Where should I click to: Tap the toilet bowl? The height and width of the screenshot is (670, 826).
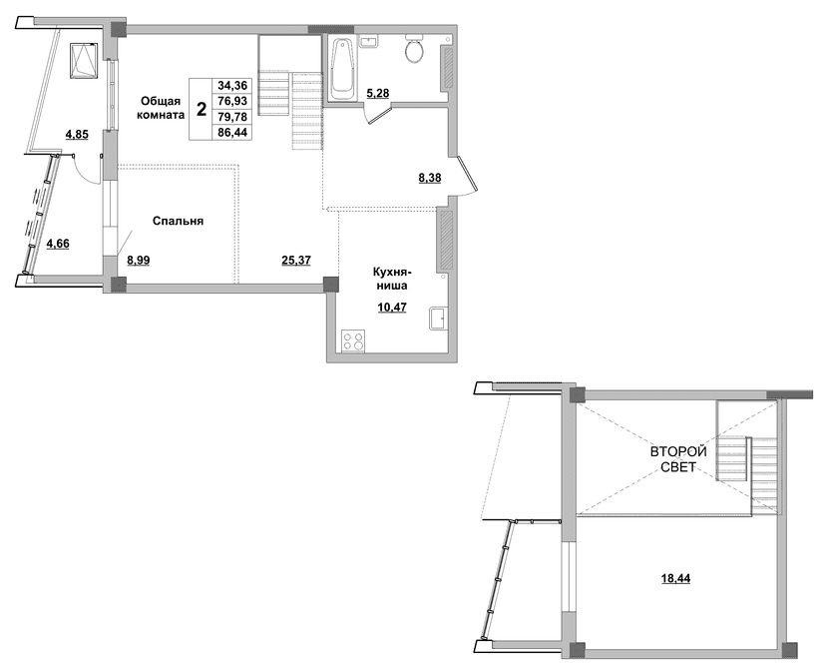tap(415, 49)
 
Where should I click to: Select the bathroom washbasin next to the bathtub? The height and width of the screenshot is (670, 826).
tap(368, 42)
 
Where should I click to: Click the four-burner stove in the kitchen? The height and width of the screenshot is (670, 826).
tap(353, 340)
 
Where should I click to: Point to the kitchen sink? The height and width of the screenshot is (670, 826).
tap(438, 318)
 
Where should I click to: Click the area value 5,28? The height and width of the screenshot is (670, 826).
tap(377, 94)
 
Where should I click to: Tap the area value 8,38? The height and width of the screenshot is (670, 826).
tap(429, 178)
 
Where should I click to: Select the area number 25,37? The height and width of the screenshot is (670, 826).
tap(296, 260)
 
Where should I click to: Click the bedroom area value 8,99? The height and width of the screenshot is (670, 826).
tap(138, 260)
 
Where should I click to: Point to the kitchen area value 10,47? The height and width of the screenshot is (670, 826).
tap(392, 307)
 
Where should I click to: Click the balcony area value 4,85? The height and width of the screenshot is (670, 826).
tap(77, 135)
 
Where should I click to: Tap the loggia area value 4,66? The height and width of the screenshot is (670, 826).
tap(58, 244)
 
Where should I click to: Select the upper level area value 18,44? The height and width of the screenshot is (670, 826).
tap(676, 579)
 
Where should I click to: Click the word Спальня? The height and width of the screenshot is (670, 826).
tap(178, 222)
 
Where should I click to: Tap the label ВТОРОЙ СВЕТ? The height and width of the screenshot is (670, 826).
tap(678, 459)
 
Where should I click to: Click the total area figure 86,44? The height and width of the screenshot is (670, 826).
tap(232, 133)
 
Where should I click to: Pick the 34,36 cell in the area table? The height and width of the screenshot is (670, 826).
tap(232, 85)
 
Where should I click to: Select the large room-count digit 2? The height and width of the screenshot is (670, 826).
tap(202, 109)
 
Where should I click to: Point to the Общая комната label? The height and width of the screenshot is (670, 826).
tap(161, 108)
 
